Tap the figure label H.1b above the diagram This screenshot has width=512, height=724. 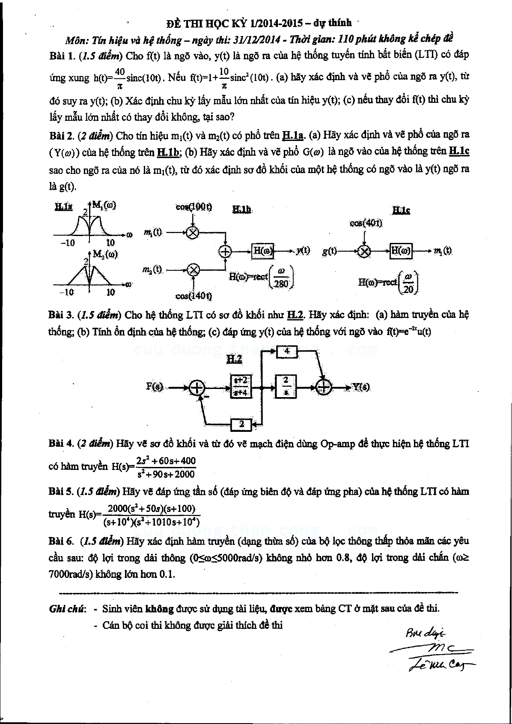point(241,209)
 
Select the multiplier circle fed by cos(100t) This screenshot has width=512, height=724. point(193,232)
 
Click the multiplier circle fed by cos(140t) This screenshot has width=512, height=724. point(193,269)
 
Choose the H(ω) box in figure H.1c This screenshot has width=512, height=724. point(401,251)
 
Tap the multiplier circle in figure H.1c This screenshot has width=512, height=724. point(364,251)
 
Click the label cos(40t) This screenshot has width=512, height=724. point(366,223)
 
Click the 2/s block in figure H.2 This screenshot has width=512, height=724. point(287,386)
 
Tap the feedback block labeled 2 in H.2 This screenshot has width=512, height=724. point(242,425)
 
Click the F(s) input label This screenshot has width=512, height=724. point(155,386)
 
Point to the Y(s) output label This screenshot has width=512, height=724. point(360,387)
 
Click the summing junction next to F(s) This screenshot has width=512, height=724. point(197,387)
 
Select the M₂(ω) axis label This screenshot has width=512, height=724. point(105,254)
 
